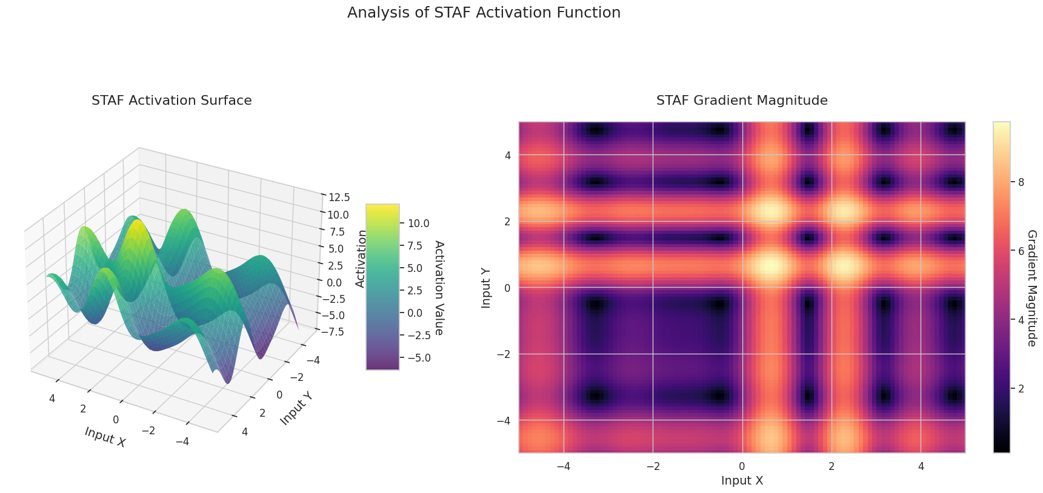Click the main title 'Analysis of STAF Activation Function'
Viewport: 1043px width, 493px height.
point(484,13)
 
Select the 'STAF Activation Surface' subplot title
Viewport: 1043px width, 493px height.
point(172,101)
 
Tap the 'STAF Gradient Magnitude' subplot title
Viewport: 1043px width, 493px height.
point(742,101)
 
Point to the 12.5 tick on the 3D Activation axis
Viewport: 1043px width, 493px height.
point(339,197)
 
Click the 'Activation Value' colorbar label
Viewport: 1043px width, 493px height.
point(439,288)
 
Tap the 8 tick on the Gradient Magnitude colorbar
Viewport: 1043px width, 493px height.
point(1021,182)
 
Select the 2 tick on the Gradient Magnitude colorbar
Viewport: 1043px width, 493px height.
point(1021,389)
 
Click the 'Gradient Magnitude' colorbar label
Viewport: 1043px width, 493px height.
point(1031,288)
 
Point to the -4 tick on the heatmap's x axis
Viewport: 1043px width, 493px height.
point(564,466)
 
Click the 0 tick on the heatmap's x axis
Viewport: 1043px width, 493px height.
point(742,466)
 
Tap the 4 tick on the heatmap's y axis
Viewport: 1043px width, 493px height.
point(507,155)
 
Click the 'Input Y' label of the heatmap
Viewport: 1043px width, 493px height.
point(486,288)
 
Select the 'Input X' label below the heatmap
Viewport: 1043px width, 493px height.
point(742,481)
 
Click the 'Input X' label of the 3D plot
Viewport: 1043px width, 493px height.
point(105,437)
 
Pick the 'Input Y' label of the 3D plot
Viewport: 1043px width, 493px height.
point(296,408)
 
